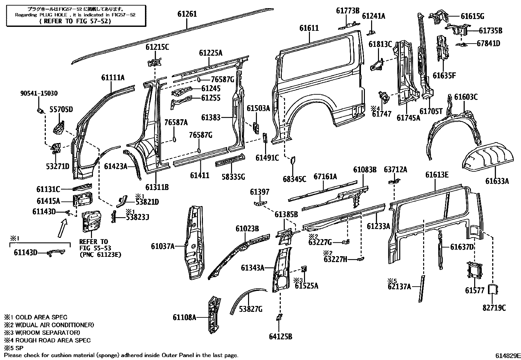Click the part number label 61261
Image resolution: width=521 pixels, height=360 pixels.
[x=187, y=14]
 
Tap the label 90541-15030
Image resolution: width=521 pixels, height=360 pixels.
[x=39, y=93]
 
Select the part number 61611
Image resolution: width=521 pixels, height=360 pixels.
[x=309, y=28]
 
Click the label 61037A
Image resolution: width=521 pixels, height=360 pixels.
[x=163, y=246]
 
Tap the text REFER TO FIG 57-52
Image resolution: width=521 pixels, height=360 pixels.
[x=76, y=21]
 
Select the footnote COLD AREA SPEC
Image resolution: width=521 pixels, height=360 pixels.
[x=41, y=317]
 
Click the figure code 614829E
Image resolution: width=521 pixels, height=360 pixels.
[x=508, y=355]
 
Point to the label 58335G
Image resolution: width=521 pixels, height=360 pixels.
[x=233, y=177]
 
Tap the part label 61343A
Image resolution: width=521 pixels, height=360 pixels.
[x=253, y=268]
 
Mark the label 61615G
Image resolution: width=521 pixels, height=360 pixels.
[x=472, y=16]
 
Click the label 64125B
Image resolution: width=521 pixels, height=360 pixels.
[x=280, y=336]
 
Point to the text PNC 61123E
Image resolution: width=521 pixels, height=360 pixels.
[x=100, y=255]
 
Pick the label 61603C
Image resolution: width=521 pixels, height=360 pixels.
[x=466, y=97]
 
